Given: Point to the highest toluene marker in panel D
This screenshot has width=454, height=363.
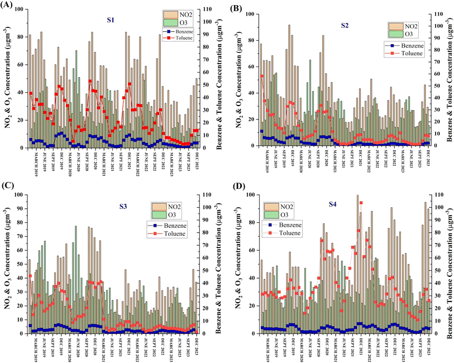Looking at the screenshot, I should (x=361, y=203).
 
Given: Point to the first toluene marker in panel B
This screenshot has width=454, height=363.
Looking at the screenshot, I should (x=261, y=76).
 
